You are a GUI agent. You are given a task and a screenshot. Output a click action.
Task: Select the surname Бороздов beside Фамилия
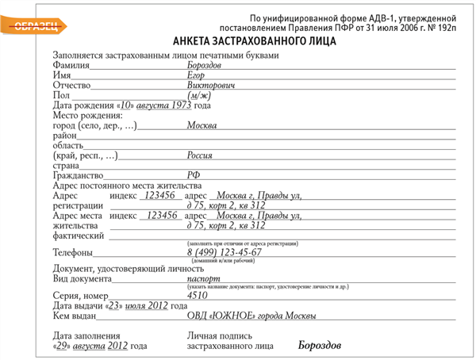coord(204,65)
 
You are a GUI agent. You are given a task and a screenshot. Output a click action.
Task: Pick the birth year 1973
coord(182,105)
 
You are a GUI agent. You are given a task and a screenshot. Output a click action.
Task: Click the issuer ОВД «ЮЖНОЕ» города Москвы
coord(251,316)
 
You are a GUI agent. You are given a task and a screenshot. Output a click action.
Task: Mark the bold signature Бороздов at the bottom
coord(320,346)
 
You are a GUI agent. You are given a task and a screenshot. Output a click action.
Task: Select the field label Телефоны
coord(72,253)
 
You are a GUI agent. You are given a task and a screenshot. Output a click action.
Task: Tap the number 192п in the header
coord(443,28)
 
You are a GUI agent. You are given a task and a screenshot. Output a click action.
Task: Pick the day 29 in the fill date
coord(63,346)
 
